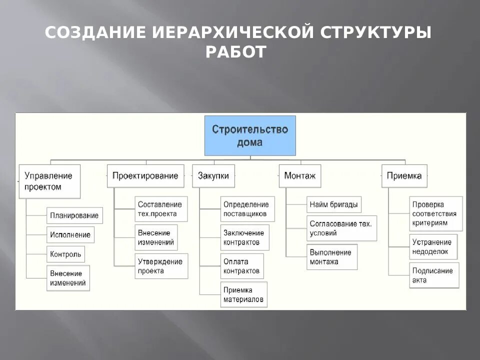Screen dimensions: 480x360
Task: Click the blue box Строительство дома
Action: click(x=250, y=135)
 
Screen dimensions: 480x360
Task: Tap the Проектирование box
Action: click(x=145, y=175)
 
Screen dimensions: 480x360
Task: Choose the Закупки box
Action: click(x=213, y=175)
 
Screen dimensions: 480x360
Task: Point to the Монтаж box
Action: click(x=299, y=175)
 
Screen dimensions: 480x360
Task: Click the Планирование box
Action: click(x=74, y=216)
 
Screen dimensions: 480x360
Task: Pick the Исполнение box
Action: click(x=70, y=235)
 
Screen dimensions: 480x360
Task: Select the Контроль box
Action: click(x=65, y=254)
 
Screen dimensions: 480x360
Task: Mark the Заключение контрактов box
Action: click(x=244, y=237)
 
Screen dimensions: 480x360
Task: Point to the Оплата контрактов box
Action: click(x=242, y=266)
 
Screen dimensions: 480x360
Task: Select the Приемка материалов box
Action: click(x=244, y=294)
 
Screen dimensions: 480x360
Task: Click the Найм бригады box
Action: click(x=333, y=204)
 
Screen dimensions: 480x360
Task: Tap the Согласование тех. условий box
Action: click(x=341, y=228)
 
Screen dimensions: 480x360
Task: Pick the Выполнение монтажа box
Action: click(x=331, y=256)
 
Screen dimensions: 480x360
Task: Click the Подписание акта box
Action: click(x=433, y=275)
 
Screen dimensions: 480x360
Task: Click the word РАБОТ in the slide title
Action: click(x=236, y=51)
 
